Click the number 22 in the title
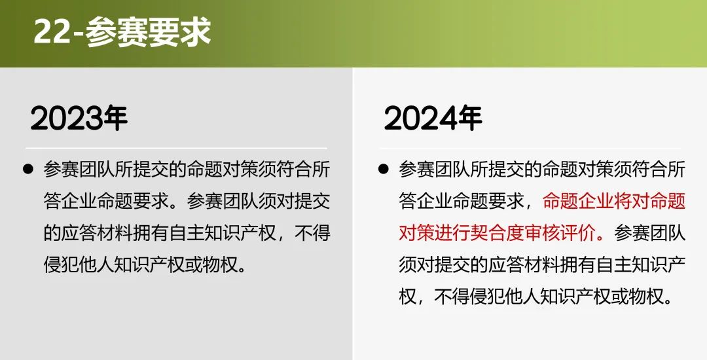coord(52,32)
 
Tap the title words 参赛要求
coord(149,32)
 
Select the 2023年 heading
coord(79,118)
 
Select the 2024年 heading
coord(433,118)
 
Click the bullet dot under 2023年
coord(28,170)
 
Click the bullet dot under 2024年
coord(384,170)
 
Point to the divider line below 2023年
coord(176,148)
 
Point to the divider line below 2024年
coord(530,148)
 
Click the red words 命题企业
coord(579,202)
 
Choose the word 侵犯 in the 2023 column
coord(62,264)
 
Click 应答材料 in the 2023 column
coord(97,233)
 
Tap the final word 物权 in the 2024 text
coord(647,296)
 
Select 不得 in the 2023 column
coord(312,233)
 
